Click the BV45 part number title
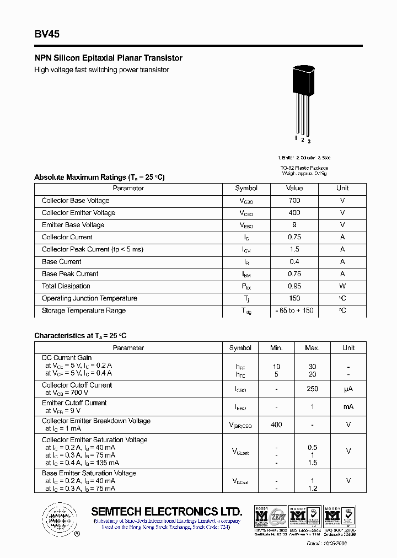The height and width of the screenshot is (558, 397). click(x=47, y=34)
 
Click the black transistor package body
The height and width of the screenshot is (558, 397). click(x=302, y=79)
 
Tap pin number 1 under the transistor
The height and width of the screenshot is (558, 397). click(x=296, y=138)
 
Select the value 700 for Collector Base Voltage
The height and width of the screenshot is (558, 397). click(x=294, y=201)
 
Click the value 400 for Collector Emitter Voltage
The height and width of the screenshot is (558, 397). click(x=294, y=213)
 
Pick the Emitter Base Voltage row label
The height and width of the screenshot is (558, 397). click(x=73, y=225)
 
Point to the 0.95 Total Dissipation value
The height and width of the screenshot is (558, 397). click(x=294, y=286)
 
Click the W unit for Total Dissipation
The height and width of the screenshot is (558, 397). click(x=342, y=286)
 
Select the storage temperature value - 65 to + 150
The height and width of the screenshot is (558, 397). click(x=294, y=310)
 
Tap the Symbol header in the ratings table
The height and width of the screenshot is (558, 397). click(x=246, y=188)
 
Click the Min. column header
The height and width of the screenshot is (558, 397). click(x=276, y=348)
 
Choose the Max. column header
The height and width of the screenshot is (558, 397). click(x=312, y=348)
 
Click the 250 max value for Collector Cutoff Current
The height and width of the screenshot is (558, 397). click(x=312, y=389)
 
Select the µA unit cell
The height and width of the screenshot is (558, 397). click(x=348, y=389)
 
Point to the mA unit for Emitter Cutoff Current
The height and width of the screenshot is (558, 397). click(x=348, y=406)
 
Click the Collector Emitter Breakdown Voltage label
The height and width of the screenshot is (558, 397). click(x=96, y=421)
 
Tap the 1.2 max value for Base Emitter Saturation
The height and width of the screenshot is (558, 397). click(x=312, y=489)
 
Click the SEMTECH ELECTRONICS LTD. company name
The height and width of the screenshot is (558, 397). click(x=167, y=511)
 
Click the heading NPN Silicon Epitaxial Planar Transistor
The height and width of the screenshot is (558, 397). click(x=108, y=58)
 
